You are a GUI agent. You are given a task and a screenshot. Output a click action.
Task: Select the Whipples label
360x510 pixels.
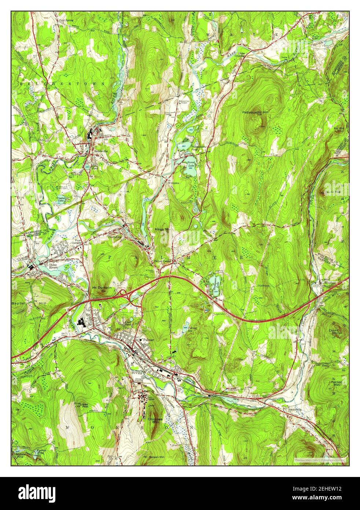175,182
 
